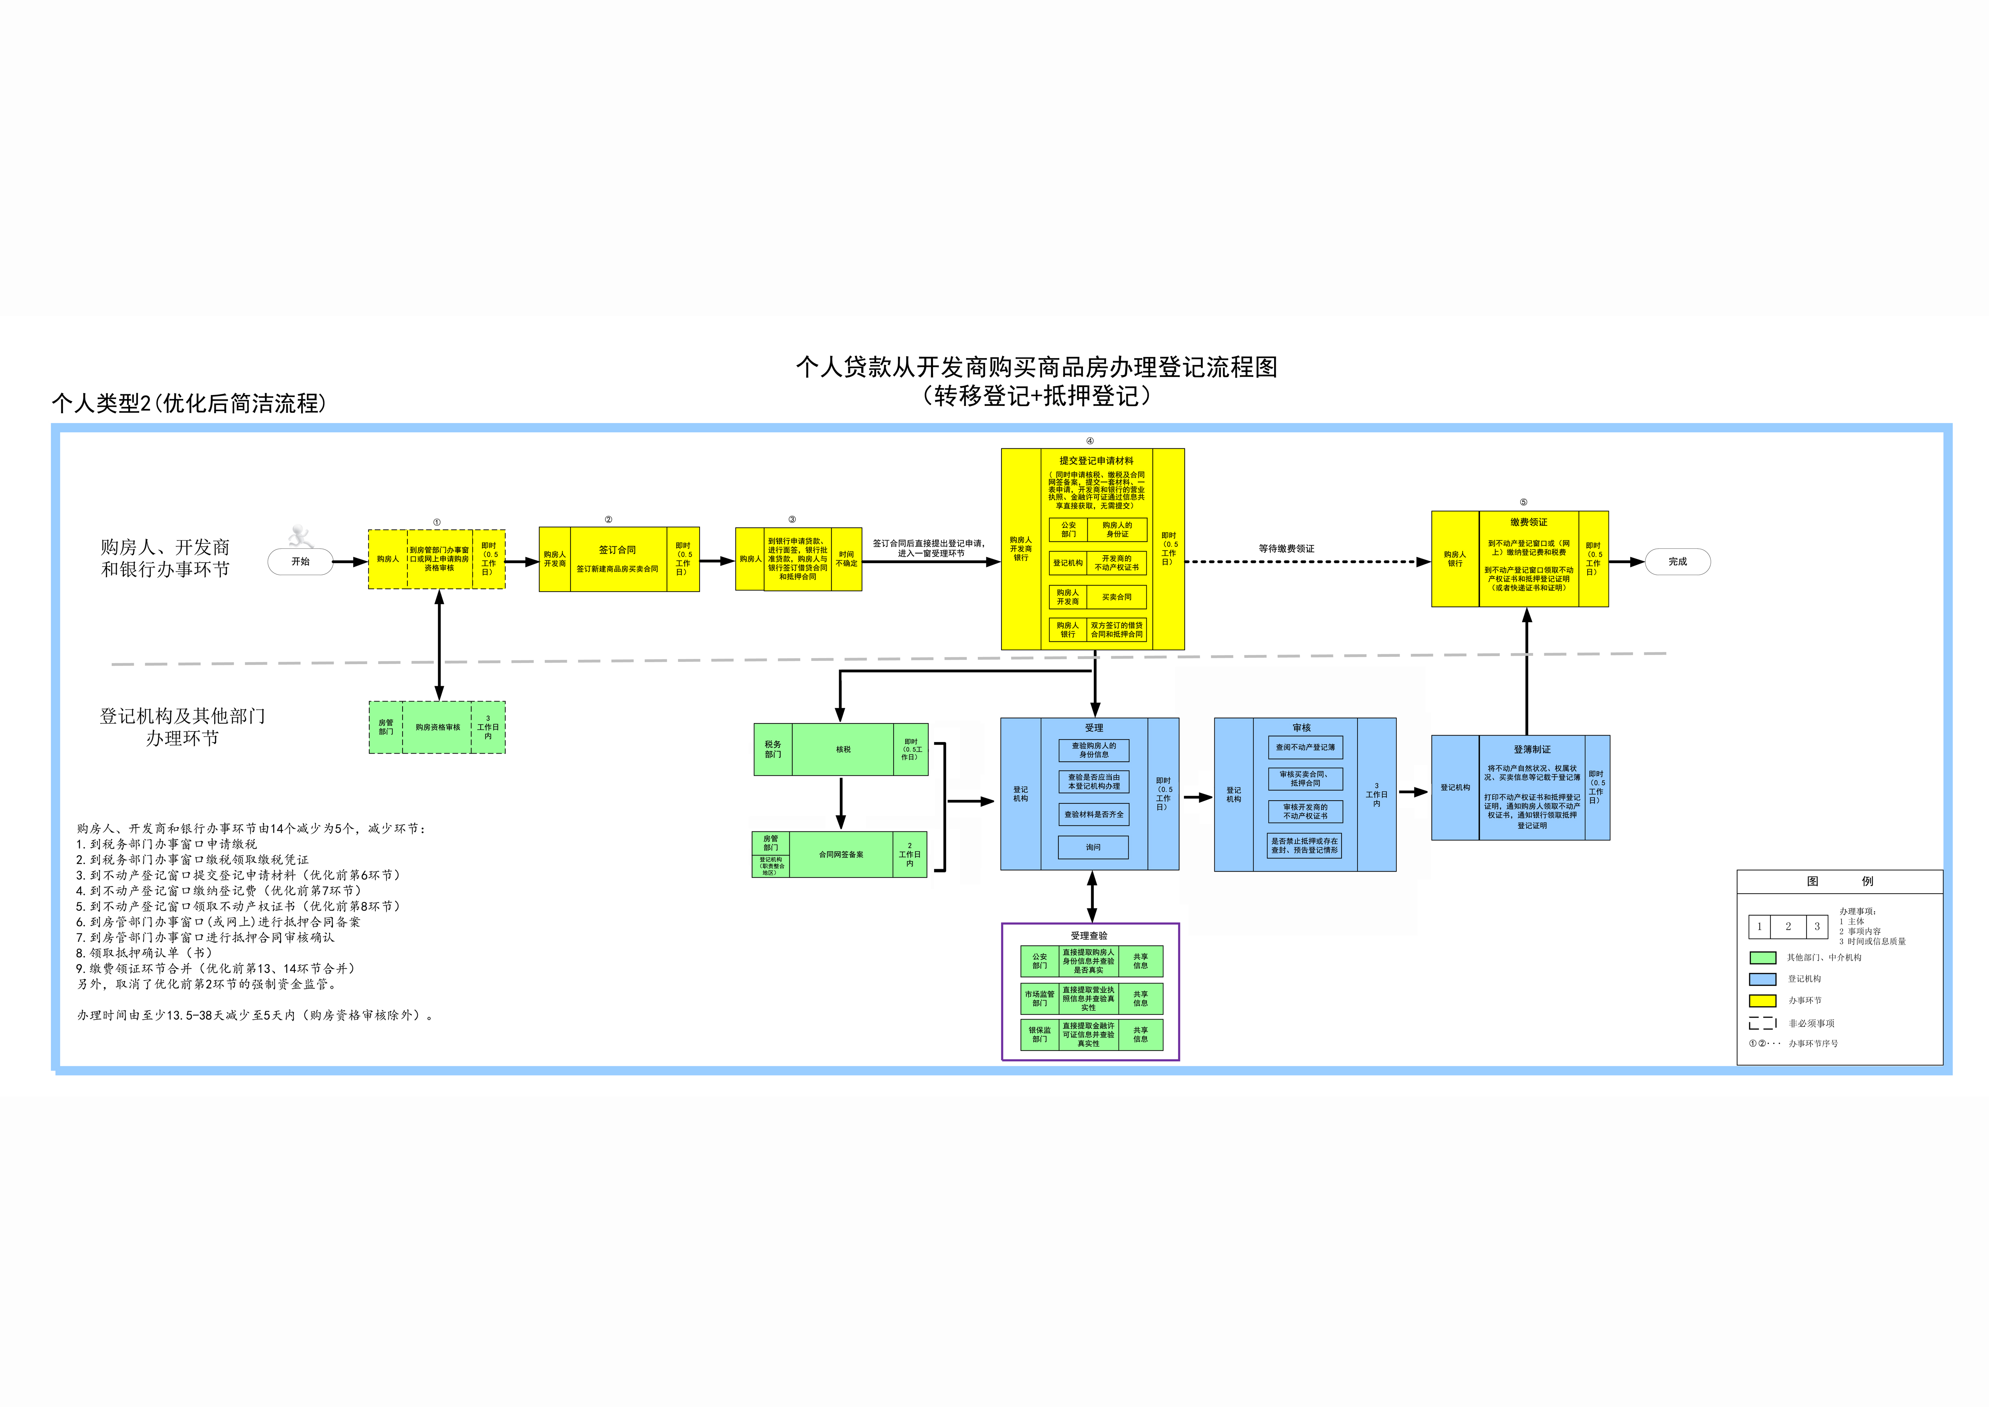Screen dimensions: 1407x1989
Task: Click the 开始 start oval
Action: coord(301,562)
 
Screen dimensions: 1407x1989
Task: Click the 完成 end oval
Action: coord(1677,562)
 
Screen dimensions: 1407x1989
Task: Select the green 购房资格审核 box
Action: coord(437,727)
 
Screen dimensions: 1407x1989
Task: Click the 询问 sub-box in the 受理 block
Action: coord(1093,847)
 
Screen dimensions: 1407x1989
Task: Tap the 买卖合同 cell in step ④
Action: coord(1117,597)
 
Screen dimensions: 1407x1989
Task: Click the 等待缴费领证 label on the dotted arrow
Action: coord(1287,548)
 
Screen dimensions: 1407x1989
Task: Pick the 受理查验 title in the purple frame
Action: coord(1089,936)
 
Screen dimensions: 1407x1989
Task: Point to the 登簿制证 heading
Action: coord(1532,749)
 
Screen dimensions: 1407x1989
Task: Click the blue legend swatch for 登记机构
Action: coord(1762,979)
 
